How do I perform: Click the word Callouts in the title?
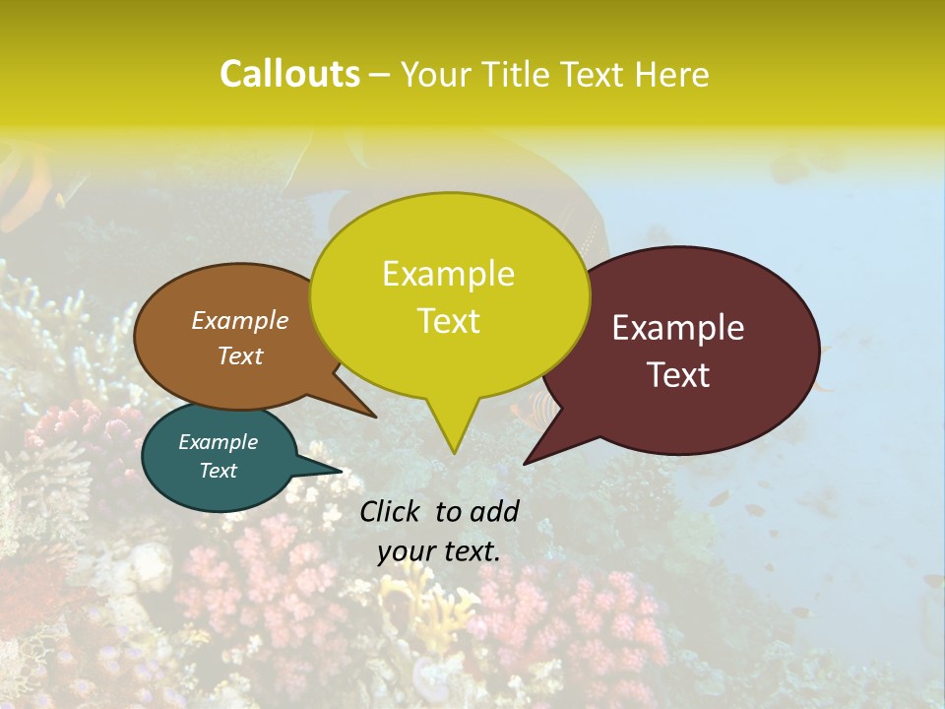click(289, 74)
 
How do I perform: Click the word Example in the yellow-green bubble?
click(448, 274)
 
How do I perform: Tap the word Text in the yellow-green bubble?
click(448, 321)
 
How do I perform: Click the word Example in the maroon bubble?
click(678, 328)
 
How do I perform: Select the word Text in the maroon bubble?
click(679, 375)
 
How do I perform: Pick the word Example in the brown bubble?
click(240, 320)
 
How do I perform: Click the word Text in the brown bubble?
click(240, 355)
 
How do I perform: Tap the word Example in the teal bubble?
click(218, 442)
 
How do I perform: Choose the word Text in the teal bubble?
click(219, 471)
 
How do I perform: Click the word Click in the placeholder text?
click(391, 511)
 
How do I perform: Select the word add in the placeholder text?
click(494, 511)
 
